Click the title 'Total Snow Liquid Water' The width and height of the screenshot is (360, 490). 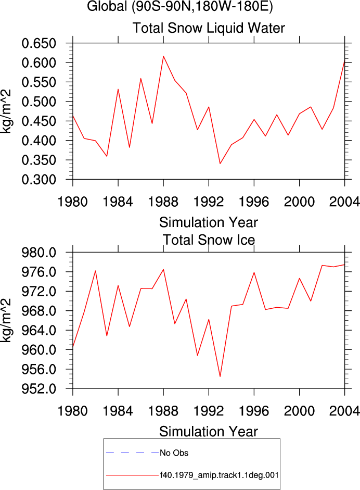(x=209, y=28)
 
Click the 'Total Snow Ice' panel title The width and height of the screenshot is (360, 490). (x=209, y=240)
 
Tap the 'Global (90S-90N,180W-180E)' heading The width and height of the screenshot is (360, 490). (x=180, y=6)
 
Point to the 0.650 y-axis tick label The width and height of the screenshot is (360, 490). (x=38, y=43)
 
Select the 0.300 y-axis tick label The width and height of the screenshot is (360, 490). (x=38, y=180)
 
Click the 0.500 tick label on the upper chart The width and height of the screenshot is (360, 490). (x=38, y=102)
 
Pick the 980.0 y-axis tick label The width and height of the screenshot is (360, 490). (x=38, y=253)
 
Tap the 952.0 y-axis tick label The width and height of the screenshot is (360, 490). (x=38, y=389)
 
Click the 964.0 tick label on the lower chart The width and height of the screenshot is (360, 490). (x=38, y=330)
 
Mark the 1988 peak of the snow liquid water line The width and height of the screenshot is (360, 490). (x=163, y=56)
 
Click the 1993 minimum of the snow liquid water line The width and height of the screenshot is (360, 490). (x=220, y=164)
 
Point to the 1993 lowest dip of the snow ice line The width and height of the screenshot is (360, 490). (x=220, y=376)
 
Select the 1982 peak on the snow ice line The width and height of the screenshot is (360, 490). (x=96, y=271)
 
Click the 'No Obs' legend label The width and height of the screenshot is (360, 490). (x=174, y=453)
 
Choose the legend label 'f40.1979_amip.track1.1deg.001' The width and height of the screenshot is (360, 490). (x=219, y=475)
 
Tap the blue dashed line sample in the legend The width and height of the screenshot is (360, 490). (x=132, y=453)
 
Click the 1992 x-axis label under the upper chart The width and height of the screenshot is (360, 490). (x=209, y=202)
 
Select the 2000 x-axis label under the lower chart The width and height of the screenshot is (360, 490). (x=299, y=411)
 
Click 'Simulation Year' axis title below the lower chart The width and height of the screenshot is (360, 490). (x=209, y=432)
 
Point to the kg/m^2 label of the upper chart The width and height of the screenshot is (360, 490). (x=6, y=111)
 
